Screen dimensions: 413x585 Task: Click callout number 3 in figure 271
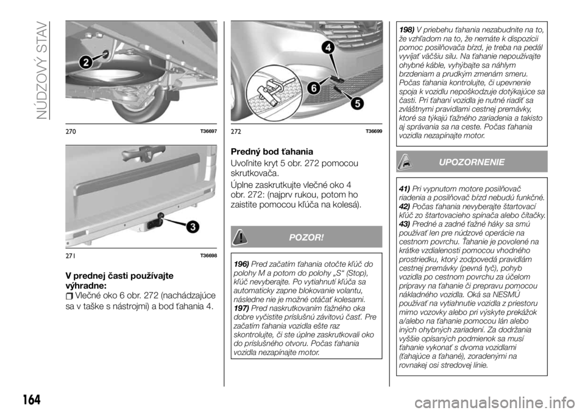point(192,227)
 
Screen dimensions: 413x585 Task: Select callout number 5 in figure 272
point(357,103)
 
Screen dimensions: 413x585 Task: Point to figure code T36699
point(374,132)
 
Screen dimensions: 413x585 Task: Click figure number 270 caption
point(71,132)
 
